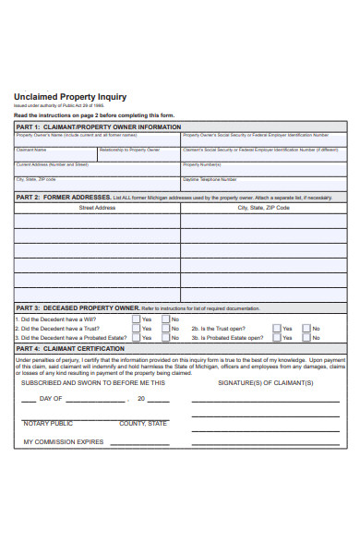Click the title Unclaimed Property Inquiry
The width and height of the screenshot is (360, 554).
(x=70, y=97)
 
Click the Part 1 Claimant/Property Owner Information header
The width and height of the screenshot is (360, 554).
(x=97, y=126)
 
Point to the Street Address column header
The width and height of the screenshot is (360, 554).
(x=97, y=208)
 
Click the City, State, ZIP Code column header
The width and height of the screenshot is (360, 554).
(x=263, y=208)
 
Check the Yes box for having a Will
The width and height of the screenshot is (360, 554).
(x=136, y=319)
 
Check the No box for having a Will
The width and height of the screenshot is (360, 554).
(x=166, y=319)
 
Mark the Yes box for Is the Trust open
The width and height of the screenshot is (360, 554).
(x=278, y=329)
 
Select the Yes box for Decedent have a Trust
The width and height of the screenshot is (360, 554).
(x=136, y=329)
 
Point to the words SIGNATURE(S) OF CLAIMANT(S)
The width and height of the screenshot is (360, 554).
(x=265, y=381)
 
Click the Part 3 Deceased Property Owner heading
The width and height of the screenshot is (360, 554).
(x=78, y=307)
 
